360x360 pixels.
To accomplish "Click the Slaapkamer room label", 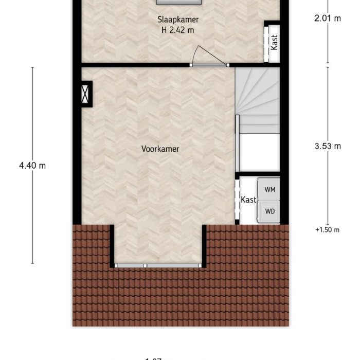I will click(x=178, y=20).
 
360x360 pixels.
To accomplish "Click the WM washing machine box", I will click(x=269, y=189).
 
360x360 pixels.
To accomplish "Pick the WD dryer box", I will click(x=269, y=211).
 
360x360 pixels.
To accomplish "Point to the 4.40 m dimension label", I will click(x=32, y=166).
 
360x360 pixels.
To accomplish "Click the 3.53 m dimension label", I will click(x=328, y=146).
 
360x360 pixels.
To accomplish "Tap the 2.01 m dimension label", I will click(x=328, y=19).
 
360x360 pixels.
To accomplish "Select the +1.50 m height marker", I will click(x=328, y=230).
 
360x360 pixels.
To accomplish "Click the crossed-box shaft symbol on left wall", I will click(x=85, y=94).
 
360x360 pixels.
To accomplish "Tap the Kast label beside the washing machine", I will click(x=248, y=200).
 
